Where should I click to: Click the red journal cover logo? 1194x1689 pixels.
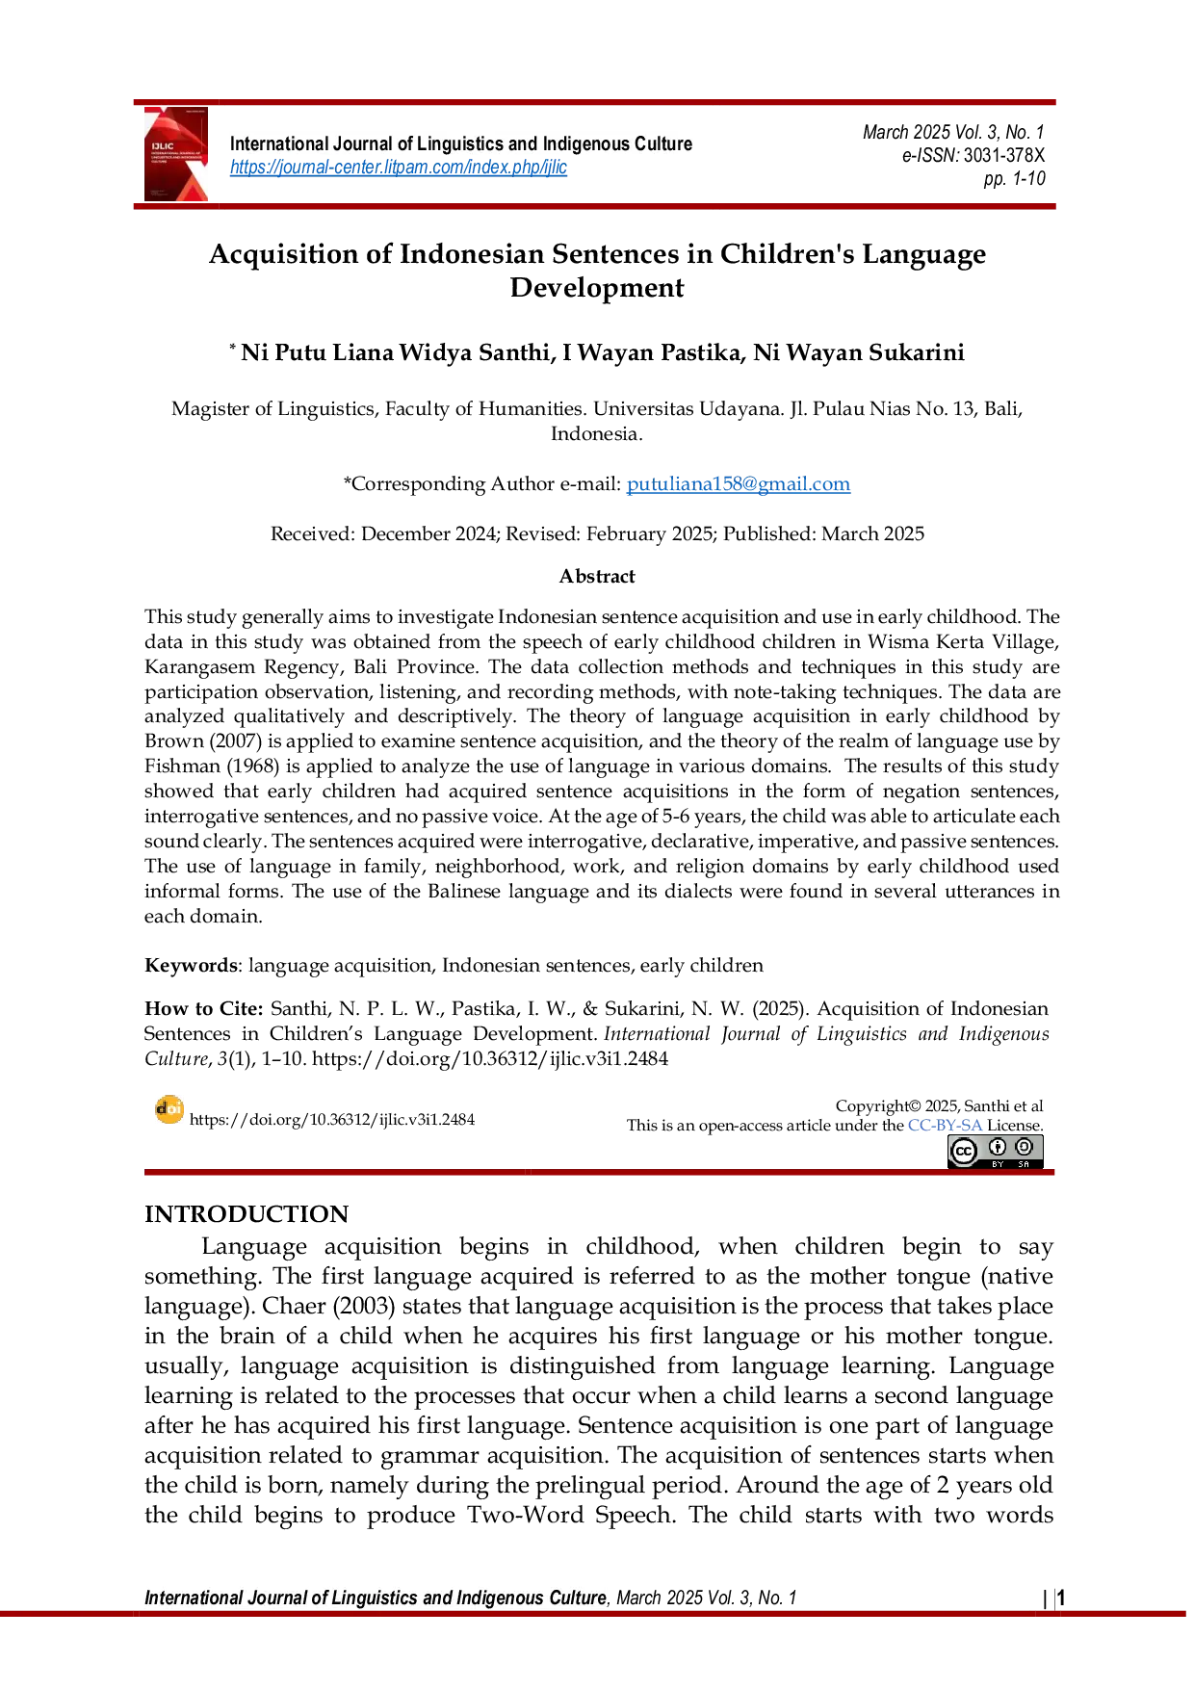(x=176, y=154)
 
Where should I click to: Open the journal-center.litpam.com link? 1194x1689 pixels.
(x=399, y=168)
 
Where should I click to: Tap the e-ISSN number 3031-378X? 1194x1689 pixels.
(x=1004, y=155)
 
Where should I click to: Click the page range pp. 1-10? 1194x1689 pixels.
(x=1015, y=179)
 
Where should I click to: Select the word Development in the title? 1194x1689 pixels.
(x=597, y=288)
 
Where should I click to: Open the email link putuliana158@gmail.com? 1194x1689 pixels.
(x=739, y=484)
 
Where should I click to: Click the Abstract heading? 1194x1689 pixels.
(x=597, y=576)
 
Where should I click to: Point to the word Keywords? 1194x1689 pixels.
(x=191, y=966)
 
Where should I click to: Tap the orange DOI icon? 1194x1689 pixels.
(x=169, y=1110)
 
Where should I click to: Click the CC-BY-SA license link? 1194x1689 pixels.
(x=945, y=1126)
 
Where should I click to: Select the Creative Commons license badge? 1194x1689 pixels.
(x=996, y=1152)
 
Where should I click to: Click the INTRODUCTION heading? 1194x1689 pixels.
(x=247, y=1214)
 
